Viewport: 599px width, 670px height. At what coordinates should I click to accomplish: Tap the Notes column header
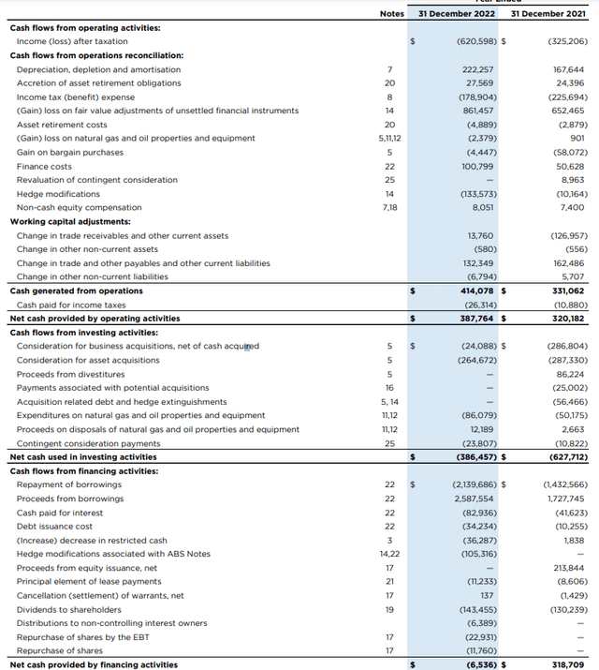[391, 13]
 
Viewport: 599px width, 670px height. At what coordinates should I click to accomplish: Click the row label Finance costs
[44, 166]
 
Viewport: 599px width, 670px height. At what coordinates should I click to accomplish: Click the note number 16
[390, 388]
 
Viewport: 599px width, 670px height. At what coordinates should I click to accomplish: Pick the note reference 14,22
[390, 554]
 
